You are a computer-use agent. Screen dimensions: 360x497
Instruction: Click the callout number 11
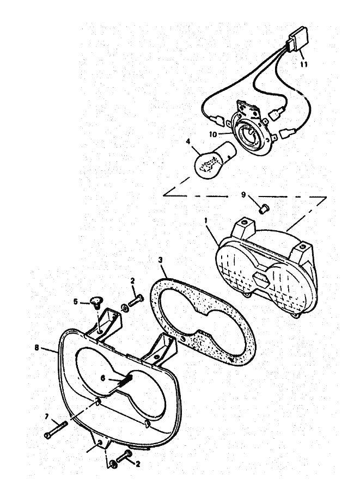coord(304,64)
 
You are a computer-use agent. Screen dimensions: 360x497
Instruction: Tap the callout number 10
coord(213,134)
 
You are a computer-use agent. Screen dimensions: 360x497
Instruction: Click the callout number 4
coord(188,141)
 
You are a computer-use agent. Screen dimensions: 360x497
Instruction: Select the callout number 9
coord(243,194)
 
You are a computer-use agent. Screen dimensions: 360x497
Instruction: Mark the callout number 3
coord(160,260)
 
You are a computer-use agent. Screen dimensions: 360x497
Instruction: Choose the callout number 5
coord(75,302)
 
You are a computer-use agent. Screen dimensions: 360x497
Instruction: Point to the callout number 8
coord(37,348)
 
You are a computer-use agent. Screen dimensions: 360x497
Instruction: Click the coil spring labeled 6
coord(125,379)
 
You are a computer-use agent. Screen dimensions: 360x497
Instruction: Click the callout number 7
coord(47,416)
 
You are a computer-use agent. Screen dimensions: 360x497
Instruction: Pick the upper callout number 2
coord(132,280)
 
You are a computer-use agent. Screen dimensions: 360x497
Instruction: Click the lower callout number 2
coord(138,464)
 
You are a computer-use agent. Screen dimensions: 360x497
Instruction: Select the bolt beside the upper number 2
coord(136,300)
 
